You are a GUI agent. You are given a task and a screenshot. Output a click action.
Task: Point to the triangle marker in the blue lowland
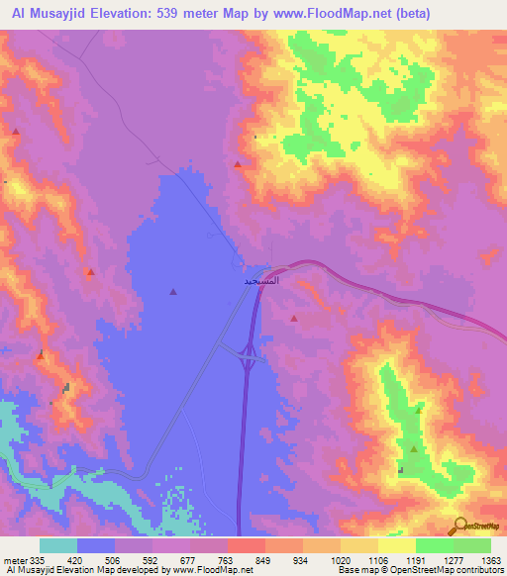click(x=173, y=291)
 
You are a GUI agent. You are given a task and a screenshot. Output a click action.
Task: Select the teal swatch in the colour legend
click(x=58, y=545)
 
